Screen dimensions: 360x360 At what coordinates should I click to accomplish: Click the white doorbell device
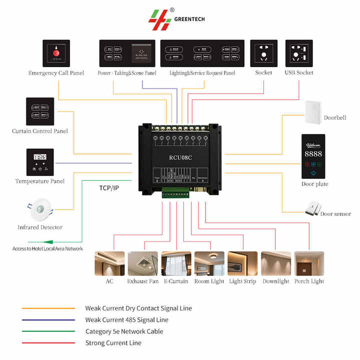[x=313, y=113]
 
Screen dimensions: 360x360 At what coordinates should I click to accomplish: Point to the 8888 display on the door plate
[x=313, y=153]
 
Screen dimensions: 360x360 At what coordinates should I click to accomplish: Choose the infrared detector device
[x=39, y=210]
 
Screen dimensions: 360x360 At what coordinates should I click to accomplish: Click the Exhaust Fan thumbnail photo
[x=143, y=263]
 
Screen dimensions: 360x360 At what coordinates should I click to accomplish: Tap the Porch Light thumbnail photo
[x=309, y=263]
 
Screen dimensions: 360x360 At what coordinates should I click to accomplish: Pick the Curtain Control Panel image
[x=40, y=111]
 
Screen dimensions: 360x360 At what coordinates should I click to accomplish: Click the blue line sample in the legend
[x=48, y=320]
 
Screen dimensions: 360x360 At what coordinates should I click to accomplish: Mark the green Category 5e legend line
[x=48, y=331]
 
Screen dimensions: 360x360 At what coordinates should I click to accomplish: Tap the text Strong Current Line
[x=113, y=343]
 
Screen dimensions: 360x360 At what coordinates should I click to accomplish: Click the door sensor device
[x=312, y=207]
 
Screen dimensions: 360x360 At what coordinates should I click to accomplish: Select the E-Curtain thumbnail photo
[x=176, y=263]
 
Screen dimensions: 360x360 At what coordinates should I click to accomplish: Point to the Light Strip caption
[x=242, y=281]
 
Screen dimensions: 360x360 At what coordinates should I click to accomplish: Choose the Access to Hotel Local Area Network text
[x=48, y=248]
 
